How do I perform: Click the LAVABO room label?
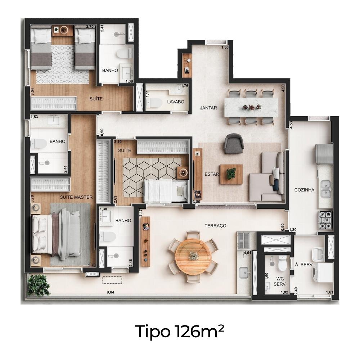176,102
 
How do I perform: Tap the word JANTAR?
208,108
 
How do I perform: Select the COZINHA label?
304,190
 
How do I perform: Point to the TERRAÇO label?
215,226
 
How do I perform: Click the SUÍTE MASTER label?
76,197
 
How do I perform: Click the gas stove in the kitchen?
325,220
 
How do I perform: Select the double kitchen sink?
326,189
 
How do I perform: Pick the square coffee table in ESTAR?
231,174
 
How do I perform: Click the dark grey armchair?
234,144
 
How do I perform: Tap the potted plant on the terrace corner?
39,285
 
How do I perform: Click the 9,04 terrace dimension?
111,292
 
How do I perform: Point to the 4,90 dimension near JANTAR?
283,88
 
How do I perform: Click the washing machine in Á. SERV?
322,273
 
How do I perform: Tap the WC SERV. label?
280,282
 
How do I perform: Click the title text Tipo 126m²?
180,332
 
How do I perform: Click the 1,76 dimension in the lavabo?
185,86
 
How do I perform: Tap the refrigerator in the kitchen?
324,154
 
